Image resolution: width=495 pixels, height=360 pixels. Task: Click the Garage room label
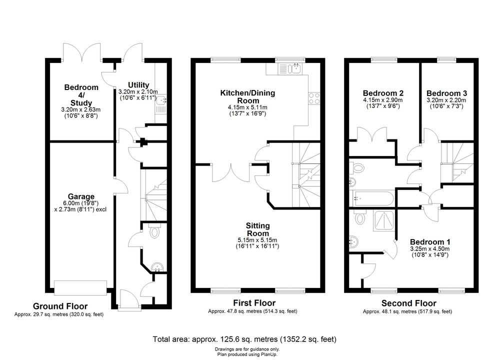coord(81,196)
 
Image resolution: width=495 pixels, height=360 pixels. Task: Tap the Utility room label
coord(138,85)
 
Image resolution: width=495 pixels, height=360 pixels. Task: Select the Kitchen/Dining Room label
coord(247,96)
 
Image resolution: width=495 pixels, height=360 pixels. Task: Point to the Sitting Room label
coord(258,229)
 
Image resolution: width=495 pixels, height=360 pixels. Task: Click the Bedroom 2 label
coord(383,93)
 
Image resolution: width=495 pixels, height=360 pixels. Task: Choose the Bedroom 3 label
coord(446,93)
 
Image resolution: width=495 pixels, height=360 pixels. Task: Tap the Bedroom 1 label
coord(430,242)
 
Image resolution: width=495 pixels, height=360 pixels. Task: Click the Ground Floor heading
coord(60,306)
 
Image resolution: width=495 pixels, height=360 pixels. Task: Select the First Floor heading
coord(254,303)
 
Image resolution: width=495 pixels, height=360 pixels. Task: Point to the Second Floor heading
coord(409,303)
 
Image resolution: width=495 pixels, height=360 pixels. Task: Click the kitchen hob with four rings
coord(314,98)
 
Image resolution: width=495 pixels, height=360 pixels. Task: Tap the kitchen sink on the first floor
coord(290,69)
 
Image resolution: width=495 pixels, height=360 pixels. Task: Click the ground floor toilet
coord(154,231)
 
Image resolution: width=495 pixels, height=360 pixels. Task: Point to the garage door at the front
coord(80,287)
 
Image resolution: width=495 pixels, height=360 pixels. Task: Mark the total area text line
coord(244,339)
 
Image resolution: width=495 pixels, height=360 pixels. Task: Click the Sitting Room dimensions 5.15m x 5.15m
coord(257,240)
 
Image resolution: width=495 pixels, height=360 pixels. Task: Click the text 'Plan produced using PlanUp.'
coord(247,354)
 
